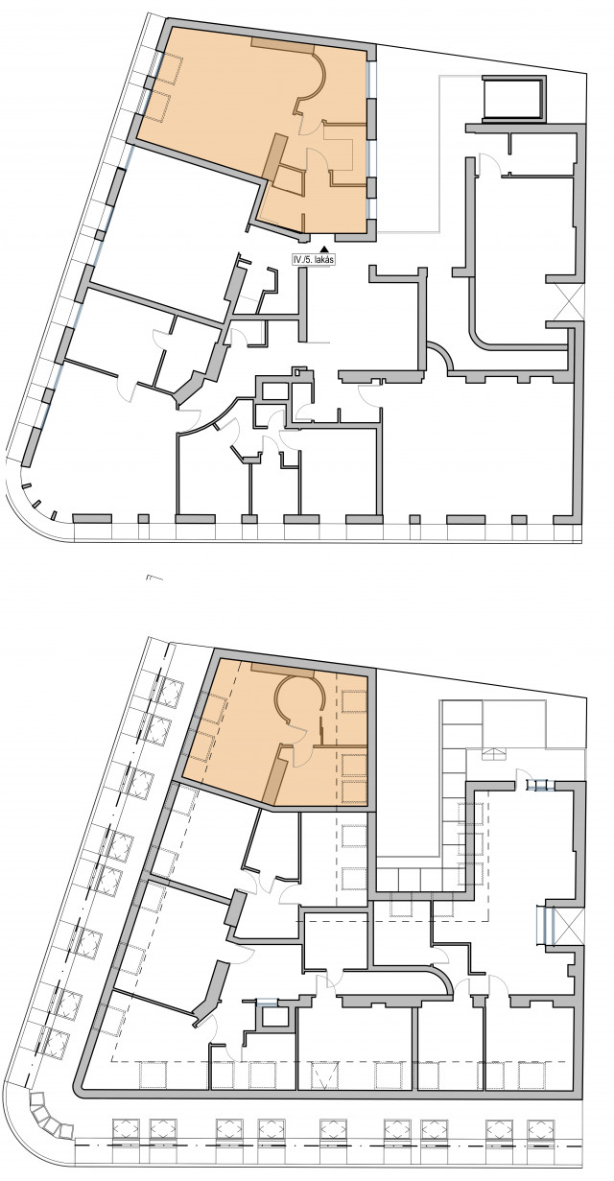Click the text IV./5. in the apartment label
coord(302,259)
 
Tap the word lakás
coord(323,259)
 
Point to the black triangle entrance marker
coord(325,249)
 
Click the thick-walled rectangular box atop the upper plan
coord(514,99)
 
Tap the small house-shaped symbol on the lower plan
coord(492,754)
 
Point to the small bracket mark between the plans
coord(154,578)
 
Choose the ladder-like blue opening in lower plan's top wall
coord(541,786)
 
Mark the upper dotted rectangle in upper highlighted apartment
coord(171,70)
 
